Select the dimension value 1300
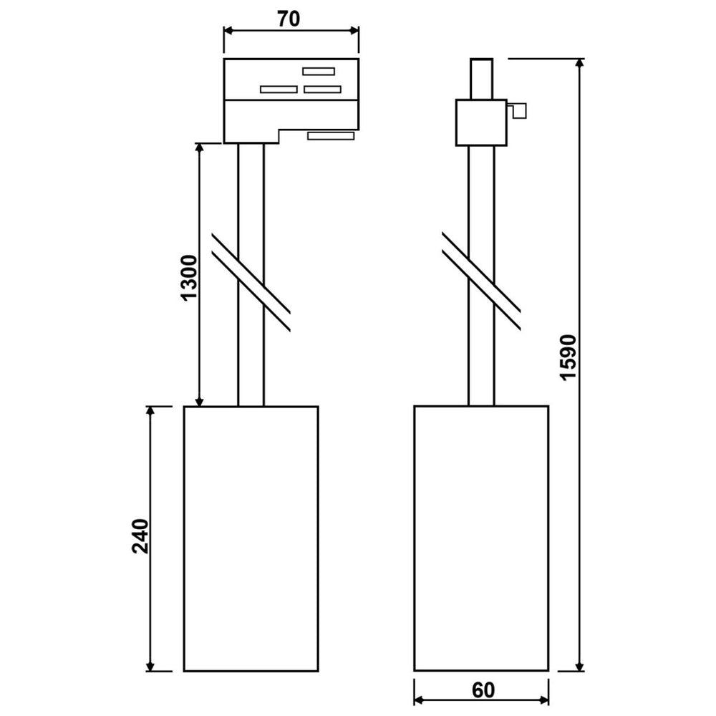(188, 277)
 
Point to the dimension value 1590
(568, 357)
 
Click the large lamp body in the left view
(251, 538)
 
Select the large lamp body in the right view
(481, 538)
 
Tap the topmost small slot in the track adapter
(319, 71)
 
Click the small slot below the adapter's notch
(331, 135)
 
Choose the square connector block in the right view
(481, 122)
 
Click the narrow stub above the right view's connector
(481, 78)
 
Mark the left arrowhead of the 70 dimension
(228, 30)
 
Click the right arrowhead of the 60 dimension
(543, 701)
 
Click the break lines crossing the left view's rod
(251, 282)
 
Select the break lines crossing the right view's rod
(481, 282)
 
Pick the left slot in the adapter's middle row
(278, 89)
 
